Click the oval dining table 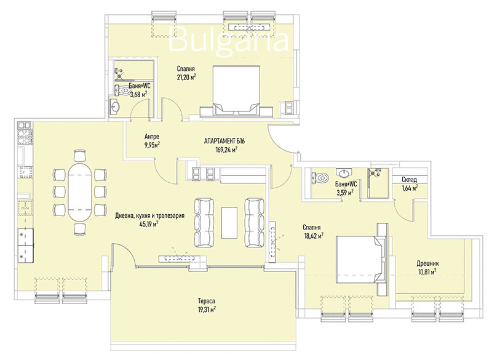coord(80,192)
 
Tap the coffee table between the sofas coord(229,223)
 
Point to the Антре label coord(152,137)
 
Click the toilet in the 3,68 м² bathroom coord(122,90)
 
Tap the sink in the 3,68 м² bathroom coord(114,106)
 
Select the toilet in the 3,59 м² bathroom coord(319,177)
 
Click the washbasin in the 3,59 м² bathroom coord(344,172)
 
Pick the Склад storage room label coord(410,180)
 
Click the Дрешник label coord(427,263)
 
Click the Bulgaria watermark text coord(228,39)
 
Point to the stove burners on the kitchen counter coord(25,137)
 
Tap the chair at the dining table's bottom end coord(80,229)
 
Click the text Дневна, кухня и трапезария coord(149,215)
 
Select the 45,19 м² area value coord(149,224)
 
